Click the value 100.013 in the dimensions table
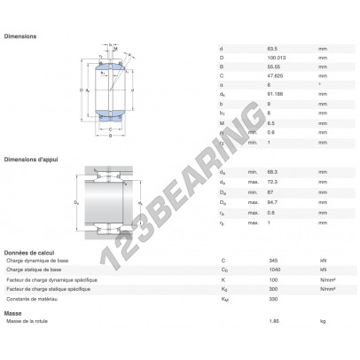coord(277,56)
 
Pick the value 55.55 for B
coord(273,67)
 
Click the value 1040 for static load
coord(274,270)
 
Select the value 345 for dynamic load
coord(272,260)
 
